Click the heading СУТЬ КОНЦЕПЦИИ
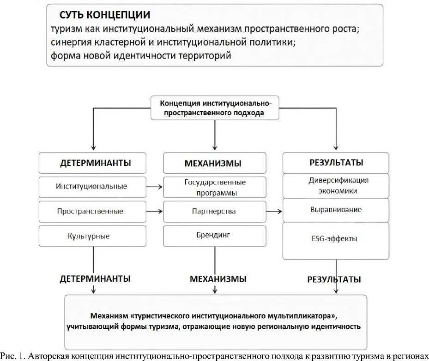pos(104,15)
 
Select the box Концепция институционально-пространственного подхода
pos(215,108)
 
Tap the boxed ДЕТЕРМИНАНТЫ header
pos(92,163)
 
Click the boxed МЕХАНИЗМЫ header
pos(214,163)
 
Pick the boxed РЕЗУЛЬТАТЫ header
pos(336,163)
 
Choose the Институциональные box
pos(92,187)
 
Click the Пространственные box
pos(92,212)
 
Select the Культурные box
pos(92,236)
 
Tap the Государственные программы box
pos(214,187)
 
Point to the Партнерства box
pos(214,212)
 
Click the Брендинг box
pos(214,236)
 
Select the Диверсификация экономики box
pos(336,186)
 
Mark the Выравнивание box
pos(336,210)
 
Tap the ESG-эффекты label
pos(334,238)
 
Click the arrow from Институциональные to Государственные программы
pos(155,187)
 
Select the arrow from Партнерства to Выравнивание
pos(274,211)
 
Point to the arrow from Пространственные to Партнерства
pos(155,211)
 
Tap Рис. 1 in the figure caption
pos(12,356)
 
